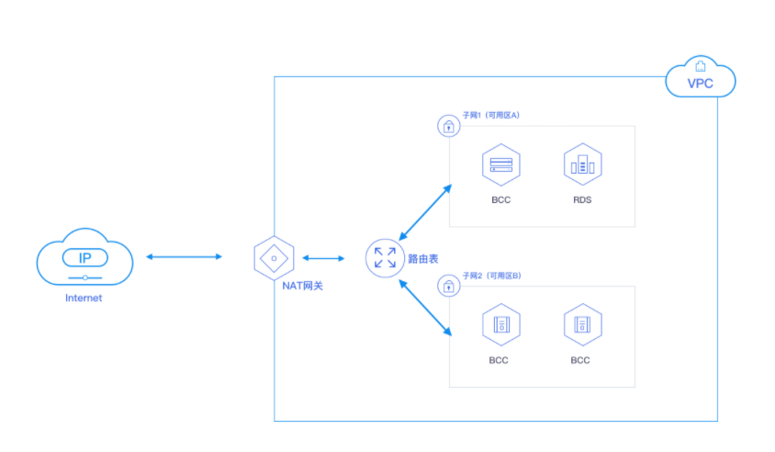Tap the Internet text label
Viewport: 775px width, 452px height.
(84, 298)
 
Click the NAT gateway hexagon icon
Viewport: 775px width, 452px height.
(273, 258)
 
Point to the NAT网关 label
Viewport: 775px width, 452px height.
(302, 286)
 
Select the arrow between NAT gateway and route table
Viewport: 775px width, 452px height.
(323, 258)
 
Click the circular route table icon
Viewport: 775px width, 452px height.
(385, 258)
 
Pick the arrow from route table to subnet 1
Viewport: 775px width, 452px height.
(425, 211)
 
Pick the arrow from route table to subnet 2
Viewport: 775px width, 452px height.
(426, 305)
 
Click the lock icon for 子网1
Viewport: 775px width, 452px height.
(448, 126)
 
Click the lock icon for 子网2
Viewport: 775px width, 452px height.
(448, 286)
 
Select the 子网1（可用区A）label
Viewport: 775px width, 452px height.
(491, 115)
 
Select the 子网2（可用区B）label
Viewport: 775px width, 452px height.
(491, 276)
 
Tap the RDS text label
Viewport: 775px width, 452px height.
(582, 199)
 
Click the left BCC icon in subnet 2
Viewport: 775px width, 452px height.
(500, 324)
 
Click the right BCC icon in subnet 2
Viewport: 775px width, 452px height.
(581, 324)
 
